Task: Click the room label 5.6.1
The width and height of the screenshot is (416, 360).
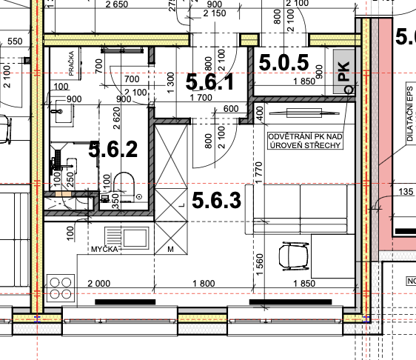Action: click(x=209, y=81)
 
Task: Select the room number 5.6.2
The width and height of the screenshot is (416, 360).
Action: click(x=113, y=150)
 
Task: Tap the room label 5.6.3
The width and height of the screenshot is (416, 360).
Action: click(x=216, y=199)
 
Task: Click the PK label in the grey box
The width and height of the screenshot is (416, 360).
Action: click(x=342, y=71)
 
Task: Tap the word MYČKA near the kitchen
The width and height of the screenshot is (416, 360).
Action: click(x=106, y=249)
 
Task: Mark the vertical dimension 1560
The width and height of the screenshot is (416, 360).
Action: click(x=258, y=262)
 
